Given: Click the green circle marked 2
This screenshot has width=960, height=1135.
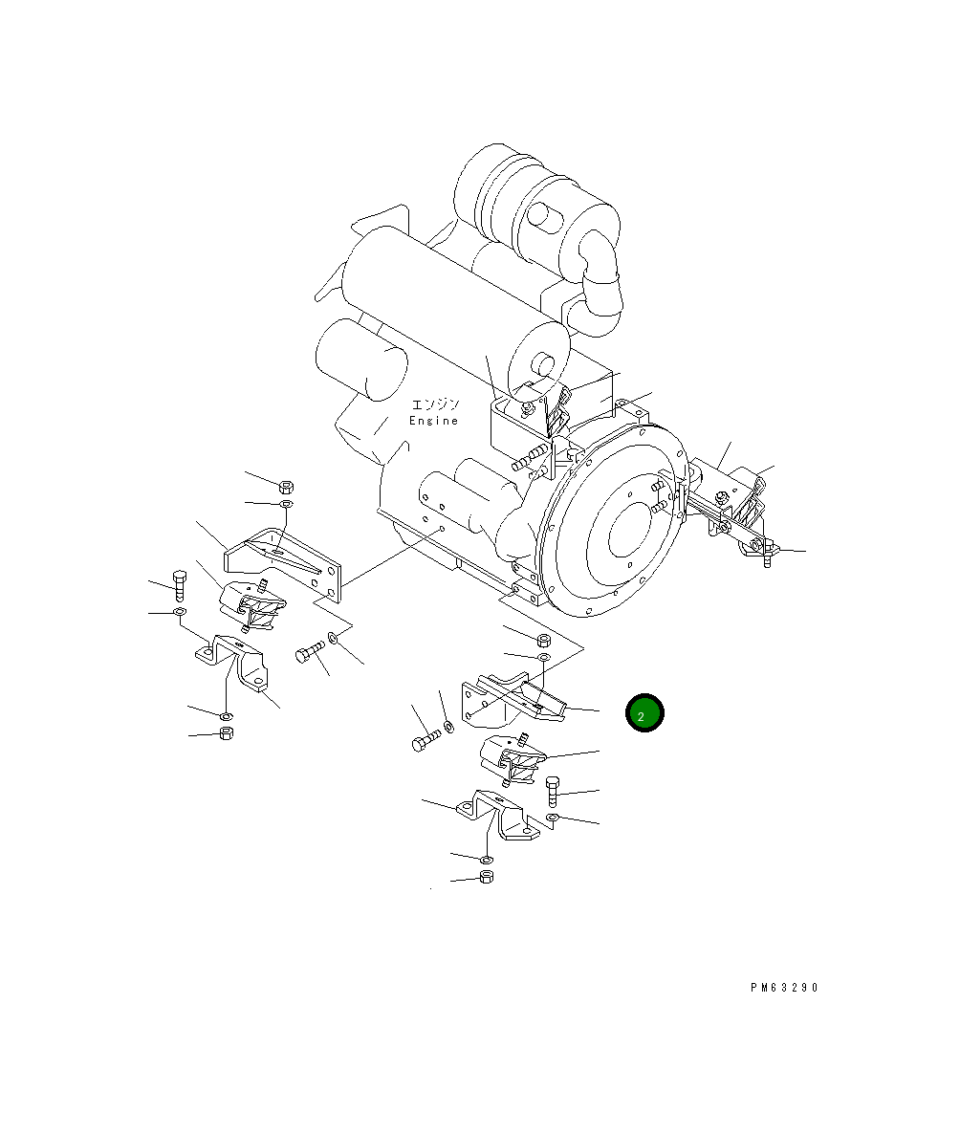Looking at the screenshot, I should (644, 713).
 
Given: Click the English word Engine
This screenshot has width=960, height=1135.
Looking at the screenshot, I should (433, 421).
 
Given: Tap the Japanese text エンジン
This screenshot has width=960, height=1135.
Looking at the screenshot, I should (435, 404).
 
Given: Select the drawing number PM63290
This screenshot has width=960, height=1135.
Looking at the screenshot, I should (784, 988).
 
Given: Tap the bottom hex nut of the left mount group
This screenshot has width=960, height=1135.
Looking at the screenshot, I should (227, 733).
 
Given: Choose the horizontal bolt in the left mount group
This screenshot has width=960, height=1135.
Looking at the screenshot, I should (310, 653).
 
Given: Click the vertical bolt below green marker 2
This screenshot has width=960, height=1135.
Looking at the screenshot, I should (553, 790).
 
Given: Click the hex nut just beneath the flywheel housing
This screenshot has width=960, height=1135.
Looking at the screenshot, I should (542, 639).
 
